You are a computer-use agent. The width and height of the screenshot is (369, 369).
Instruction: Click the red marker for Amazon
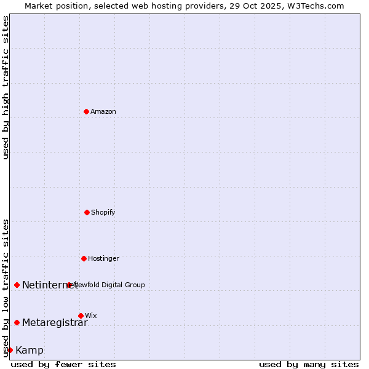click(86, 111)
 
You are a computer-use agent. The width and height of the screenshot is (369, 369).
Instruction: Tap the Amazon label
click(103, 111)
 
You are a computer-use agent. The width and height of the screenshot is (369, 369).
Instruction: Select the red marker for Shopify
click(87, 212)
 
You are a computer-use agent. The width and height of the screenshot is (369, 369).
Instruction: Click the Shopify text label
click(103, 212)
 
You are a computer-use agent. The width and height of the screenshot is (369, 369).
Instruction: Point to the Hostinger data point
click(84, 258)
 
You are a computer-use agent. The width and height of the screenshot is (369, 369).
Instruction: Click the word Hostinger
click(103, 258)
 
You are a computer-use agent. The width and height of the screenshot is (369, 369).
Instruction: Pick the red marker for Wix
click(81, 315)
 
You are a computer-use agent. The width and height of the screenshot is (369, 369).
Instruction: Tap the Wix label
click(91, 315)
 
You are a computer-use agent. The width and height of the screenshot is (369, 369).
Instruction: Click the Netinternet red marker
click(17, 285)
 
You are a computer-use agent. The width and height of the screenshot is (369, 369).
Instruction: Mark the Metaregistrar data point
click(17, 322)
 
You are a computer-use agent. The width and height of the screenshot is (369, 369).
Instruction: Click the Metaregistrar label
click(55, 322)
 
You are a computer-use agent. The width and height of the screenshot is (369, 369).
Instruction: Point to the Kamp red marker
click(10, 350)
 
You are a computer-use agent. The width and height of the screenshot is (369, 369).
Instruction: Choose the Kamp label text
click(30, 350)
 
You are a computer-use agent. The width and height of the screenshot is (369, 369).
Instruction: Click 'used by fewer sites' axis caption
click(63, 364)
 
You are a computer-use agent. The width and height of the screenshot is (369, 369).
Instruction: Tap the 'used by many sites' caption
click(309, 364)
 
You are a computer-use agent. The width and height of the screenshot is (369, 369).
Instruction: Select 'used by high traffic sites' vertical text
click(6, 87)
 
